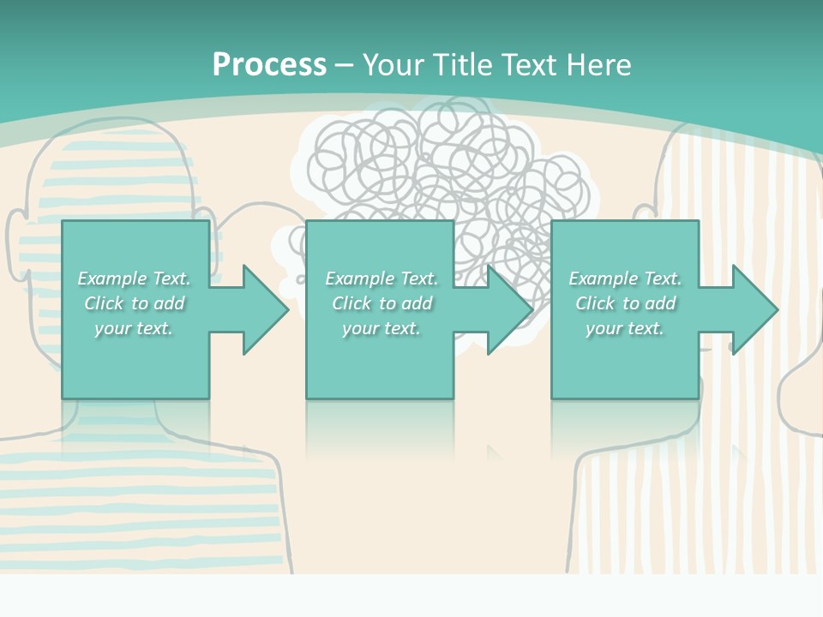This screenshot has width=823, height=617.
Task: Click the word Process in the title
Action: coord(269,64)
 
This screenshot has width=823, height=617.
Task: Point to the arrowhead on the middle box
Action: coord(509,309)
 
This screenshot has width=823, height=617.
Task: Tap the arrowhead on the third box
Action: coord(754,309)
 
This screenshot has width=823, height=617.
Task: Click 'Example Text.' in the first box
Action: coord(134,279)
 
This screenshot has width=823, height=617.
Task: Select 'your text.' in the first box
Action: coord(134,328)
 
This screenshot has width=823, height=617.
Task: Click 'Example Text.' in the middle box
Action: coord(381,279)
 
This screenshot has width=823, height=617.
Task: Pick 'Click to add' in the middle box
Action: coord(381,303)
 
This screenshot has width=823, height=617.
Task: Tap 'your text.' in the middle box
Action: coord(381,328)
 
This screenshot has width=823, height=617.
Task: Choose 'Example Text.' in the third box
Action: coord(625,279)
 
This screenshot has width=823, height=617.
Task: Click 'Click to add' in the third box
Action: coord(625,303)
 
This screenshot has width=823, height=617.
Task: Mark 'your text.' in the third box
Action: coord(625,328)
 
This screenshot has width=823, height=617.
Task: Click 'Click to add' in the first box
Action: coord(134,303)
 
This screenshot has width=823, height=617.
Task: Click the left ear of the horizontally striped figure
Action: coord(15,236)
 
